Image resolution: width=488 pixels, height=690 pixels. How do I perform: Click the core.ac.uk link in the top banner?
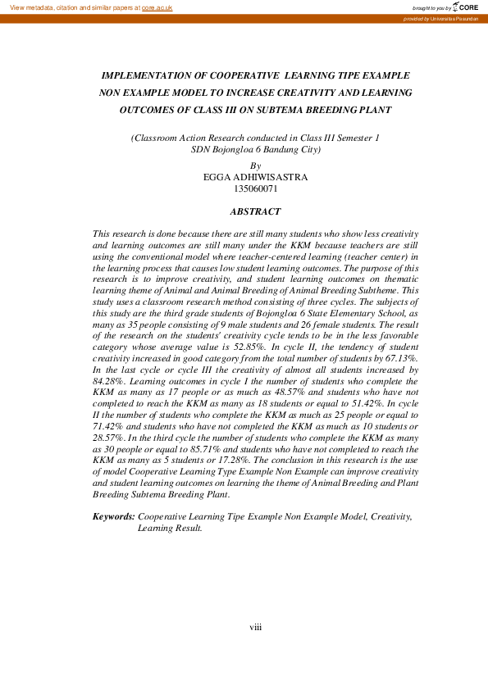pos(157,7)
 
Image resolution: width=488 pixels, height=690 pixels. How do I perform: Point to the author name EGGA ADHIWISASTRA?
pos(255,176)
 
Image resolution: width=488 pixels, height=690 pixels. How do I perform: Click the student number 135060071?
pos(256,188)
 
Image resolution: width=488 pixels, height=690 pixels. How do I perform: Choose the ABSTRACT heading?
pos(255,211)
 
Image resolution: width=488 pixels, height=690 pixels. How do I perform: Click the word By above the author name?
pos(255,165)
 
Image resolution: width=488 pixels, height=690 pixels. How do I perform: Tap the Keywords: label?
pos(113,517)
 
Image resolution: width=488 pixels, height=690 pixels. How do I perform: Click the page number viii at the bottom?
pos(255,627)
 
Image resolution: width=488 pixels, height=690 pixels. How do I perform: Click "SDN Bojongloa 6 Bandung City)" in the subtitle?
pos(255,150)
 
